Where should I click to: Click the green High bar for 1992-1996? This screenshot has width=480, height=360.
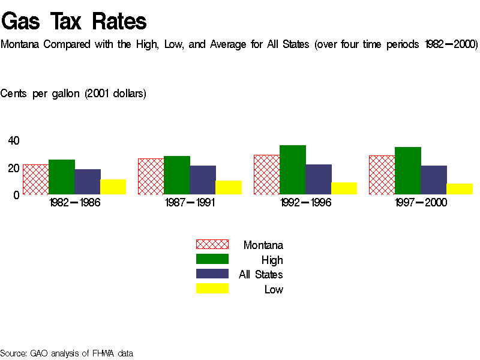(x=292, y=170)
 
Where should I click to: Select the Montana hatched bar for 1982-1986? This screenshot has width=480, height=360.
(x=35, y=179)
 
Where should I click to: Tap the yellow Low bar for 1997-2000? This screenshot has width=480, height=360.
(x=459, y=189)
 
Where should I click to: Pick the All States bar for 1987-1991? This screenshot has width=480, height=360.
(x=202, y=180)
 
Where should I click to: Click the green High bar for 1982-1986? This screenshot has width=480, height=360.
(x=61, y=177)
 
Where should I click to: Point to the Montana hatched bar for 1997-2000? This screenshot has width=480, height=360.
(x=382, y=175)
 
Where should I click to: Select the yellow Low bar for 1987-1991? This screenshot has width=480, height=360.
(x=228, y=187)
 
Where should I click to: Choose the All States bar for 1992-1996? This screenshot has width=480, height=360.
(x=318, y=179)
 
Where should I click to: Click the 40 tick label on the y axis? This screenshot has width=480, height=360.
(x=14, y=141)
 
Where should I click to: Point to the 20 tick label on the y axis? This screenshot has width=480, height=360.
(x=14, y=168)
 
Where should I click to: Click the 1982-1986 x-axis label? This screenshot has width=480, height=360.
(x=74, y=203)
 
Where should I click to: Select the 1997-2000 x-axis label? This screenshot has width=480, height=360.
(x=421, y=203)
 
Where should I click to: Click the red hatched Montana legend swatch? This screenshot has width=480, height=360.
(x=212, y=244)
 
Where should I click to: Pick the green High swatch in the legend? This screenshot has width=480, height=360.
(x=212, y=259)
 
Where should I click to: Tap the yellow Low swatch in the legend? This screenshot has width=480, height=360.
(x=212, y=289)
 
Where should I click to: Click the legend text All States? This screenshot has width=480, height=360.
(x=261, y=275)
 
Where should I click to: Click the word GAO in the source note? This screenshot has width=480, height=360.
(x=39, y=353)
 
